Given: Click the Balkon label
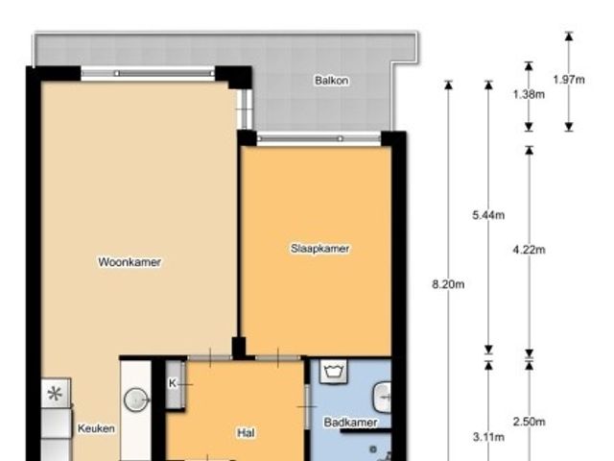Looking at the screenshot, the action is pyautogui.click(x=331, y=81).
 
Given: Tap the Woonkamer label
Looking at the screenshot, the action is pyautogui.click(x=130, y=262).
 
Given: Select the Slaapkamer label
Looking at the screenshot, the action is pyautogui.click(x=319, y=249).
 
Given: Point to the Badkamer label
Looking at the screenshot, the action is pyautogui.click(x=350, y=423).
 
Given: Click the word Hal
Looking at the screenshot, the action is pyautogui.click(x=246, y=433).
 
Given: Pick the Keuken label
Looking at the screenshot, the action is pyautogui.click(x=96, y=428).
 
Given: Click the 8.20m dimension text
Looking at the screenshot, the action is pyautogui.click(x=448, y=284).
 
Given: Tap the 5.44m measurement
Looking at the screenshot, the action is pyautogui.click(x=488, y=215).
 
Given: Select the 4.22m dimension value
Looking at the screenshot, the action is pyautogui.click(x=529, y=250).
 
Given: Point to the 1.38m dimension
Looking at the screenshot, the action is pyautogui.click(x=529, y=94).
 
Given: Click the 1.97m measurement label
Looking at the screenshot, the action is pyautogui.click(x=569, y=80).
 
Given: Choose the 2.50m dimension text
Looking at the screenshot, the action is pyautogui.click(x=529, y=422).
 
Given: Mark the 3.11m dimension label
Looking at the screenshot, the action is pyautogui.click(x=488, y=437).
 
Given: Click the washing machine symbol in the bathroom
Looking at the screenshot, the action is pyautogui.click(x=333, y=371).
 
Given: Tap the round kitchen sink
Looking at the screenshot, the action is pyautogui.click(x=136, y=400).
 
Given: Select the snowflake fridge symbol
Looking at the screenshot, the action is pyautogui.click(x=56, y=393).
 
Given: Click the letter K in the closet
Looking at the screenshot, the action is pyautogui.click(x=173, y=383).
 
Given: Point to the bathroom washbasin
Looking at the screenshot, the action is pyautogui.click(x=382, y=398).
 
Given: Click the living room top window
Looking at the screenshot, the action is pyautogui.click(x=148, y=73).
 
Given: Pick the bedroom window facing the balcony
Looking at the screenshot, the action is pyautogui.click(x=319, y=138).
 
